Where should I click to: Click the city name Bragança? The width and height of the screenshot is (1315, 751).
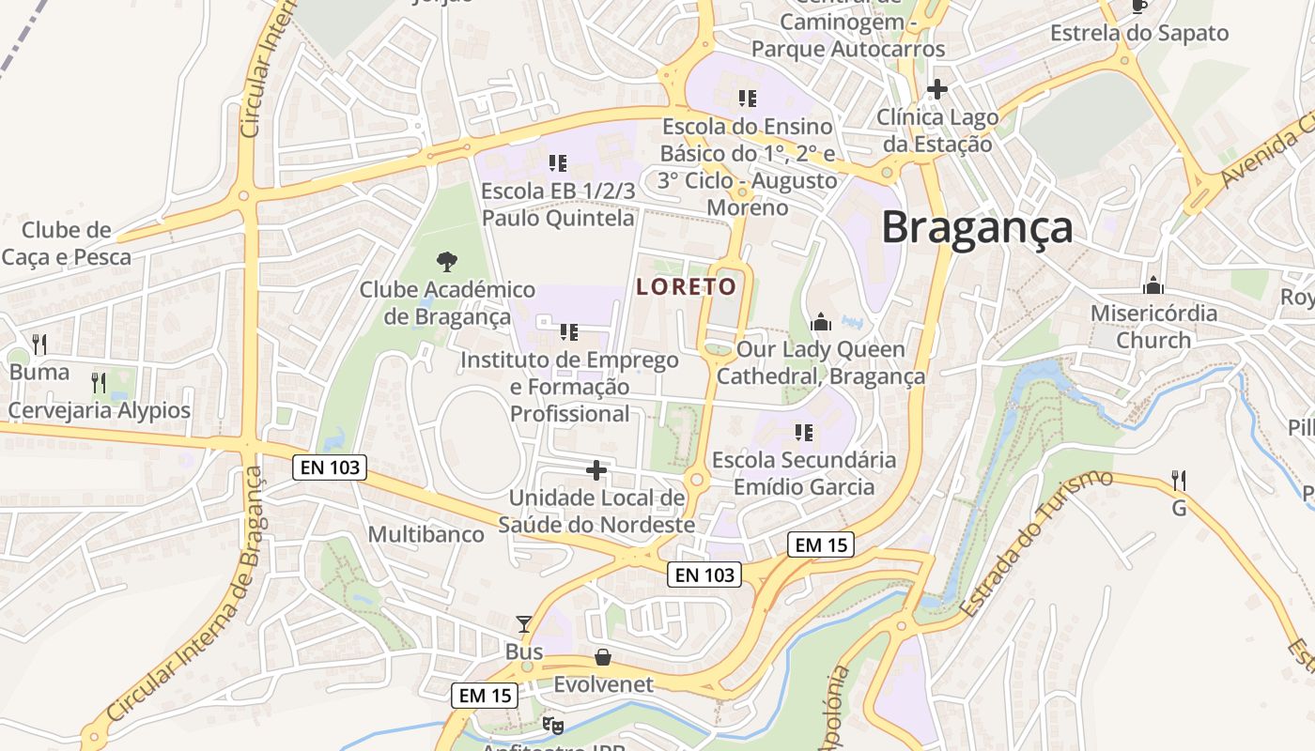(977, 228)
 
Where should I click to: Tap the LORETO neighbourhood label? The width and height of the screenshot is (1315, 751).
(686, 287)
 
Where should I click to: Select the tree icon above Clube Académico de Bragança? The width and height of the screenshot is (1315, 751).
(447, 262)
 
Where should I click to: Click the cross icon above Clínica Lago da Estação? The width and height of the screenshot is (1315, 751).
(936, 90)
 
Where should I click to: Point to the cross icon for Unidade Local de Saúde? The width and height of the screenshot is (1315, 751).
(596, 469)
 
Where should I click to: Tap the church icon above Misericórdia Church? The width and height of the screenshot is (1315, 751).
(1153, 285)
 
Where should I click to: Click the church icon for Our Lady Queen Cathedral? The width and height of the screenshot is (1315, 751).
(821, 322)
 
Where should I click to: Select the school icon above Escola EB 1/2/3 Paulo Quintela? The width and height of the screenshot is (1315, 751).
(558, 163)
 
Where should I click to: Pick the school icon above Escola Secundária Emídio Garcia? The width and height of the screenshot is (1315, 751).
(803, 433)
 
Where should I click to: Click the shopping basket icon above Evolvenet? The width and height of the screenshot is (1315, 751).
(602, 657)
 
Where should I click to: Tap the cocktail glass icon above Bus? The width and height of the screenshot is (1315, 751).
(524, 624)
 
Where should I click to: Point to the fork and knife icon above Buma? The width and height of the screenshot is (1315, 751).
(39, 345)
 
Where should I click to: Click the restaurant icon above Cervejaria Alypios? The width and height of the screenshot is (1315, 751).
(99, 383)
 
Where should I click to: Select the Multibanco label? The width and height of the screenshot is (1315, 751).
(426, 535)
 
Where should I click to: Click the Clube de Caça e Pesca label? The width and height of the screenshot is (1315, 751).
(66, 243)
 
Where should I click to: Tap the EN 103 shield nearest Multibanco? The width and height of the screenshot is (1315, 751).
(328, 467)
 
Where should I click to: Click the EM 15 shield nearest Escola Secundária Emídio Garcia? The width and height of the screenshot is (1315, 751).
(821, 544)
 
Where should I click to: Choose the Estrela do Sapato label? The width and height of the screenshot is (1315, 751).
(1139, 34)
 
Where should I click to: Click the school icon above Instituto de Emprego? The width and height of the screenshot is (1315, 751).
(568, 331)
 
